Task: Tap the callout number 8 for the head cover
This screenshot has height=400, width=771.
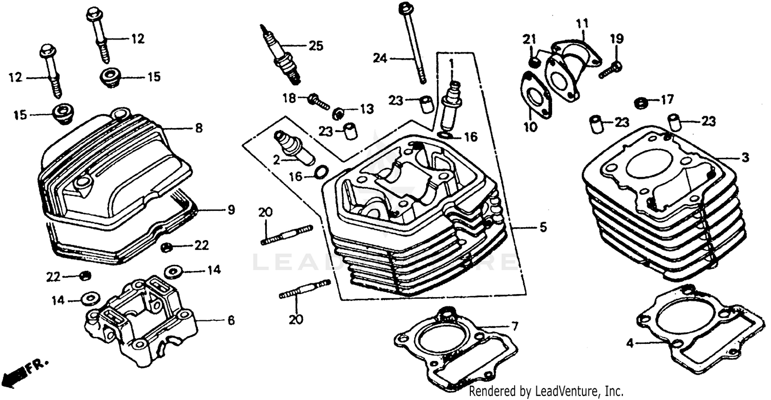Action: (198, 128)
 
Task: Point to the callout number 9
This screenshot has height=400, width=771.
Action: (231, 210)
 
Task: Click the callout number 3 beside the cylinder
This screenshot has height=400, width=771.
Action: (745, 158)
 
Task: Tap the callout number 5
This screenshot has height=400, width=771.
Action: (543, 227)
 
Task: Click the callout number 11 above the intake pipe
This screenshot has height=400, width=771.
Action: (581, 23)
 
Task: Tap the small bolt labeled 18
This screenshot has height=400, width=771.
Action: (319, 101)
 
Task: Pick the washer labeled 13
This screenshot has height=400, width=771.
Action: (338, 113)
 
